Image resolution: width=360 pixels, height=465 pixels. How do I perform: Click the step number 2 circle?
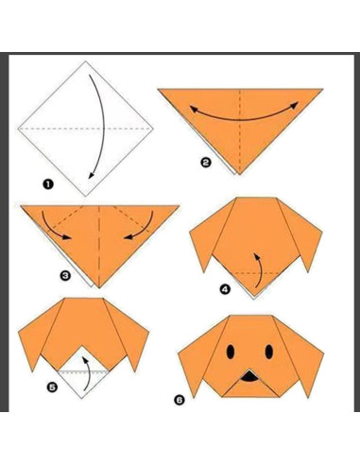(x=206, y=163)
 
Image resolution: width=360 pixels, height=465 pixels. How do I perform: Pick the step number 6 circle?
(x=179, y=400)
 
